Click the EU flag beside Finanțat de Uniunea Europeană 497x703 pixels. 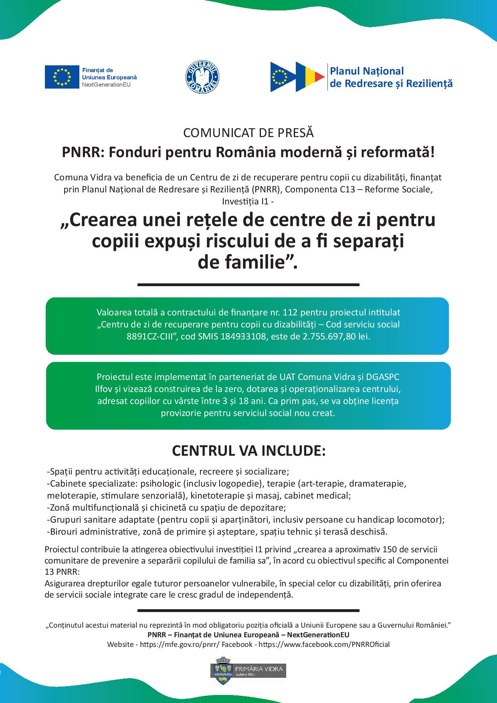coord(62,76)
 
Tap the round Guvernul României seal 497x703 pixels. coord(202,77)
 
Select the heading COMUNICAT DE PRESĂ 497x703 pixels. coord(248,132)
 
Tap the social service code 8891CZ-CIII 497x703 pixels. coord(152,336)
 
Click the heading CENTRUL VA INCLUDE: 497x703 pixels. coord(248,450)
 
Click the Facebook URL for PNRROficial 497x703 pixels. coord(324,644)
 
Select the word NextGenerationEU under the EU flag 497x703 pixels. coord(106,85)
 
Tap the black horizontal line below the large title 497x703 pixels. coord(248,285)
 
